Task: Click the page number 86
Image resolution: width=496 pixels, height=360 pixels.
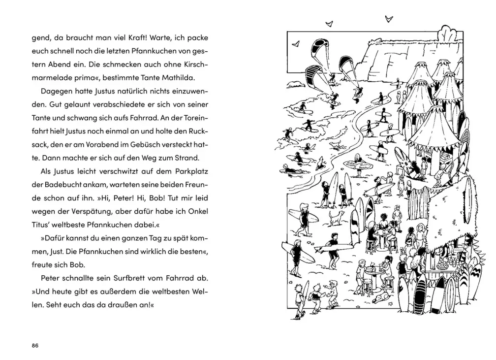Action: click(x=35, y=345)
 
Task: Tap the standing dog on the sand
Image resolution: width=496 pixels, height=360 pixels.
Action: click(x=335, y=218)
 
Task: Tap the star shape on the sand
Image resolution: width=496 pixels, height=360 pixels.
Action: click(x=391, y=304)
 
